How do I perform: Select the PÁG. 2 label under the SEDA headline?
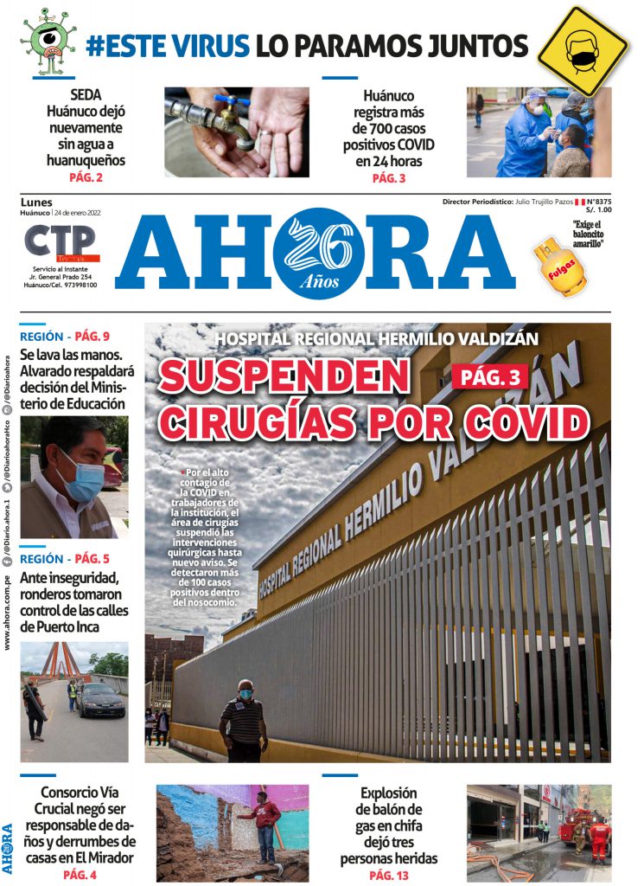tap(86, 178)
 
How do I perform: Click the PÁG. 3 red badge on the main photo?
tap(490, 376)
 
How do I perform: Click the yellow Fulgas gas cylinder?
tap(557, 267)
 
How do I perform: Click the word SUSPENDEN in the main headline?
tap(284, 376)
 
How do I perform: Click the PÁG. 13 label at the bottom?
tap(388, 876)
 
